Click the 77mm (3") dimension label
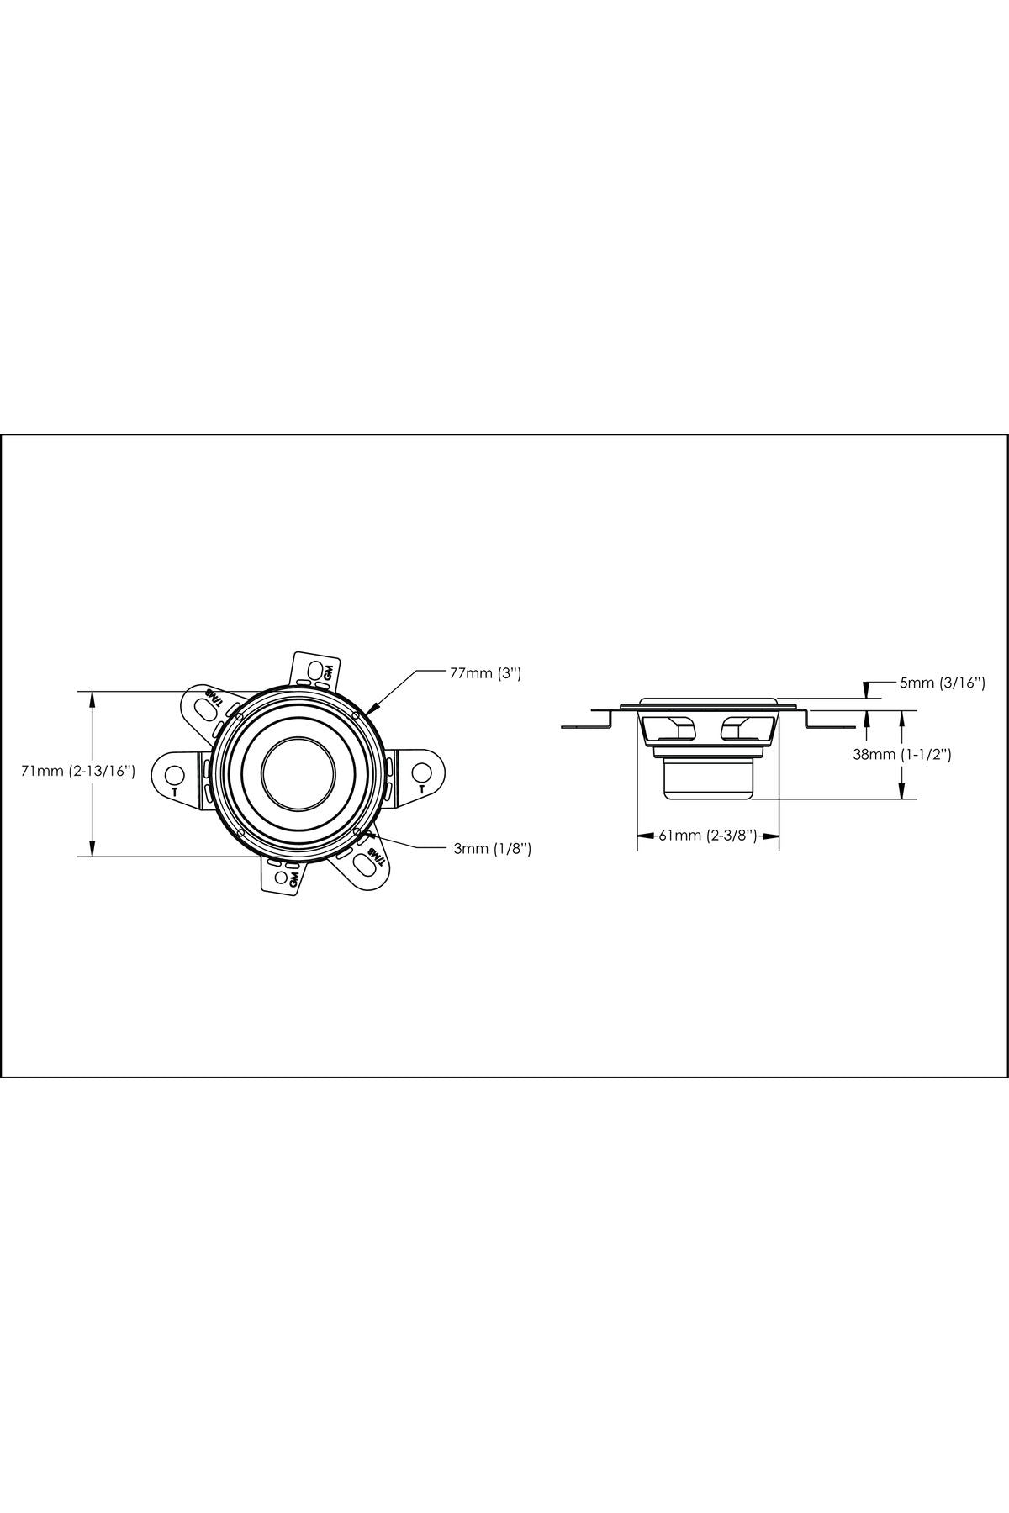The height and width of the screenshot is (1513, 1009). pyautogui.click(x=487, y=672)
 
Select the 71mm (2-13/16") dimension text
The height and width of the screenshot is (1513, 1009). pyautogui.click(x=79, y=772)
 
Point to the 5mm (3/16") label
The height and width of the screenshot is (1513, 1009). pyautogui.click(x=942, y=683)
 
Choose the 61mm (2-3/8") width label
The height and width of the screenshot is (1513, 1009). pyautogui.click(x=708, y=836)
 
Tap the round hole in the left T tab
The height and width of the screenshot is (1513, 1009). pyautogui.click(x=174, y=773)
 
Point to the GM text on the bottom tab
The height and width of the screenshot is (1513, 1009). pyautogui.click(x=293, y=879)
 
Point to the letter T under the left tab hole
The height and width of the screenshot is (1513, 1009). pyautogui.click(x=174, y=792)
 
